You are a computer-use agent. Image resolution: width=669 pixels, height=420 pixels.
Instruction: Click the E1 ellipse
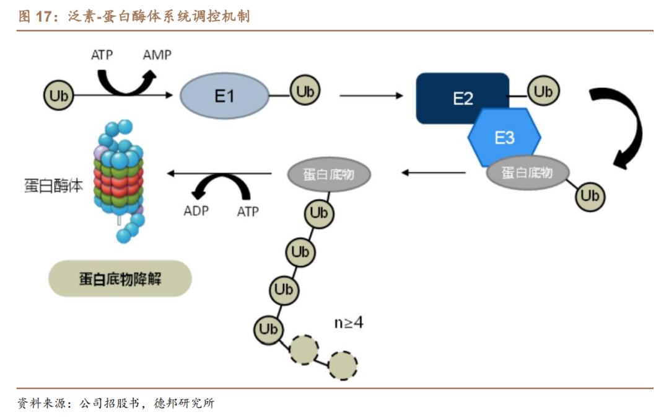click(224, 96)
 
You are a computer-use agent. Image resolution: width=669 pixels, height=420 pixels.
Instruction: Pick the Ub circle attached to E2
click(543, 92)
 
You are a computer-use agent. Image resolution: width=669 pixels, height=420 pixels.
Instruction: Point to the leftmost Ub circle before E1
click(59, 96)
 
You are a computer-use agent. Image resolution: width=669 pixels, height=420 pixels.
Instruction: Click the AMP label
click(157, 55)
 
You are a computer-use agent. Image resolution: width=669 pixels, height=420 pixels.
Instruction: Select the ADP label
click(196, 210)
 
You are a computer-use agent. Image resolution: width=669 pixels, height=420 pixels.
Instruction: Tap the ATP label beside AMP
click(102, 55)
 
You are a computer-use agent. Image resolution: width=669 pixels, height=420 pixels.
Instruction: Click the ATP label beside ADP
click(248, 212)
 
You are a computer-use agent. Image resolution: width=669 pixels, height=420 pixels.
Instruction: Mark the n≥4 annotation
click(349, 323)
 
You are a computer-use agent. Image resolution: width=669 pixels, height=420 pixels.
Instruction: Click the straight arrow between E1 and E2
click(370, 96)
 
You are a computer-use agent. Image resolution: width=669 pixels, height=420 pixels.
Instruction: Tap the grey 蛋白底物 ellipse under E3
click(527, 172)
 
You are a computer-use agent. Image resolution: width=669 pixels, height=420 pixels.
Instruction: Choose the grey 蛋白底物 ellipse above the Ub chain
click(329, 174)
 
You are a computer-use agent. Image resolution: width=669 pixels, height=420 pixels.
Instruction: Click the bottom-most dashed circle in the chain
click(343, 365)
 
